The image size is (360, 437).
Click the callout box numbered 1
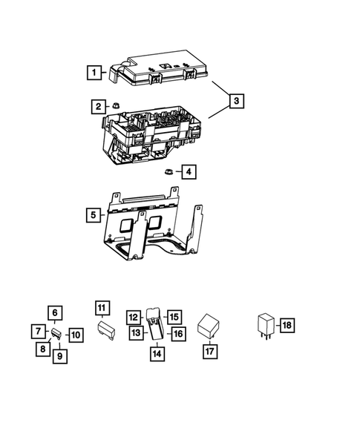94,73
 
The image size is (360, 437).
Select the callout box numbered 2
98,107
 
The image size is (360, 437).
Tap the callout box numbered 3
235,100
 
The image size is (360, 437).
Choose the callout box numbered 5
93,215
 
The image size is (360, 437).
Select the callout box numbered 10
75,335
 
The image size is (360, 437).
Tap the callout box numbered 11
102,307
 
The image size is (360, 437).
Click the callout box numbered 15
174,317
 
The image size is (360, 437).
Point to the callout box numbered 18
287,325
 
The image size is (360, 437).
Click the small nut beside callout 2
117,106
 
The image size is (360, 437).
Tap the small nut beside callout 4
168,171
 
